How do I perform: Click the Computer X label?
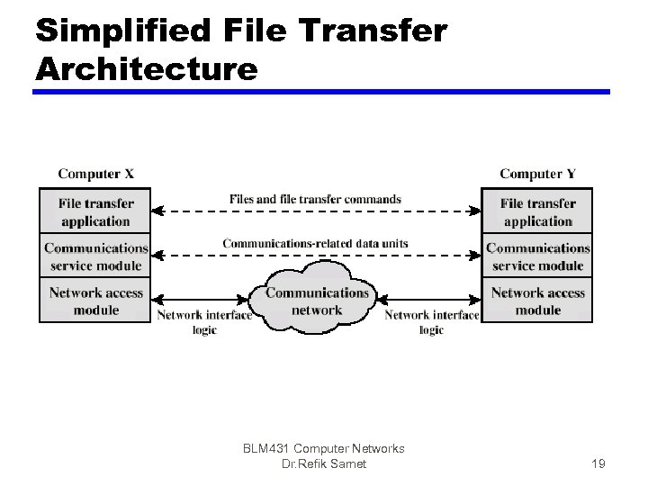click(x=95, y=174)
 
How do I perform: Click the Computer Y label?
click(x=538, y=174)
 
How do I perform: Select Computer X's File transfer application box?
click(x=95, y=211)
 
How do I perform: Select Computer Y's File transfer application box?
click(x=538, y=211)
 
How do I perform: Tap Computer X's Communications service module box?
click(x=95, y=256)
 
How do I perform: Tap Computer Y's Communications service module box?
click(x=538, y=256)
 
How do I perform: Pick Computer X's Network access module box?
click(x=95, y=301)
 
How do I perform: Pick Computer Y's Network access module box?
click(x=538, y=301)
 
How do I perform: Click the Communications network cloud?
click(x=317, y=300)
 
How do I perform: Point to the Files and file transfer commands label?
click(x=315, y=199)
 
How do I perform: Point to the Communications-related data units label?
click(x=315, y=243)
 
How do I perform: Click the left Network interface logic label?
click(x=204, y=322)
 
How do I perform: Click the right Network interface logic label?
click(x=431, y=322)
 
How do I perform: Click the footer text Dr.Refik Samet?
click(x=324, y=463)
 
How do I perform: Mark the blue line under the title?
click(x=322, y=91)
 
